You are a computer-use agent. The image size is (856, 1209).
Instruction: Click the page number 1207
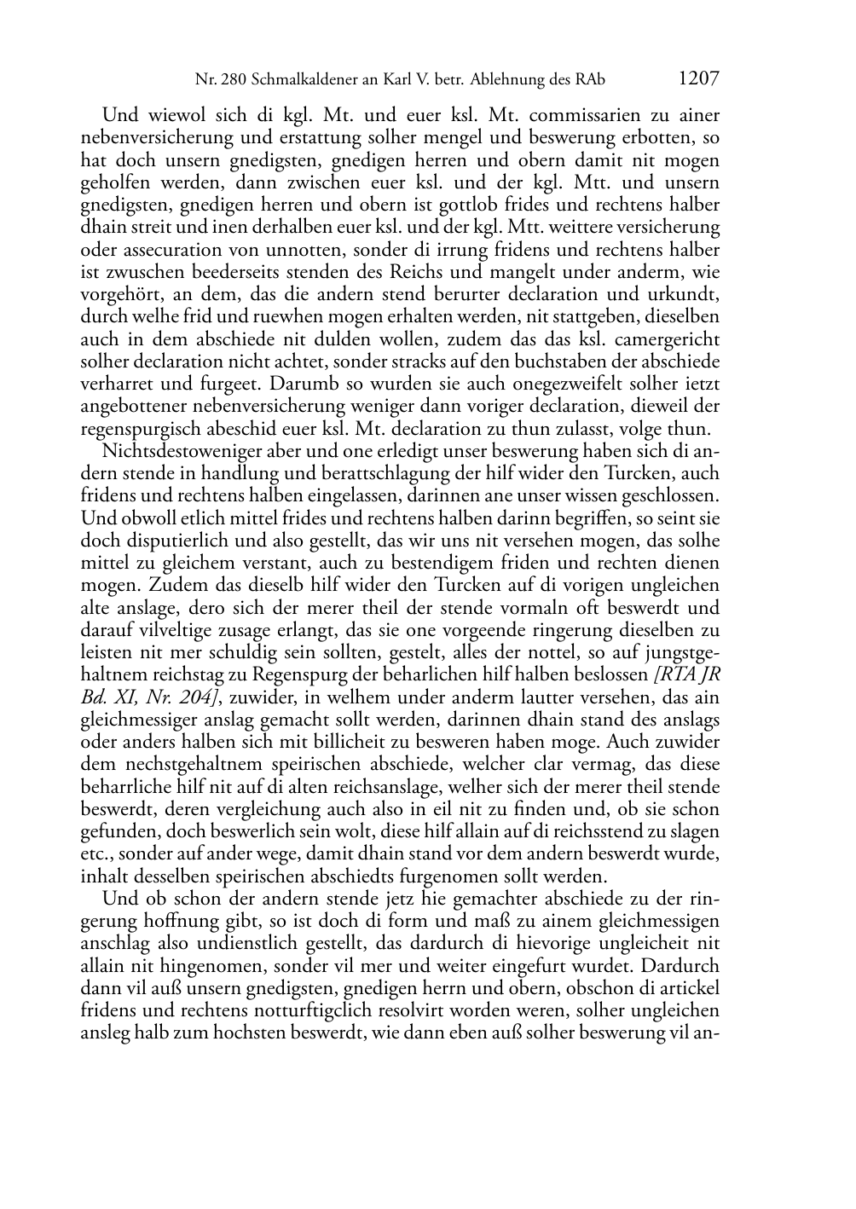(x=698, y=79)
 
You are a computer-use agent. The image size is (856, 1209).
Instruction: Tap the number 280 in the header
(x=233, y=80)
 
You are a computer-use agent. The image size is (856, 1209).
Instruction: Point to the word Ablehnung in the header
(x=503, y=80)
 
